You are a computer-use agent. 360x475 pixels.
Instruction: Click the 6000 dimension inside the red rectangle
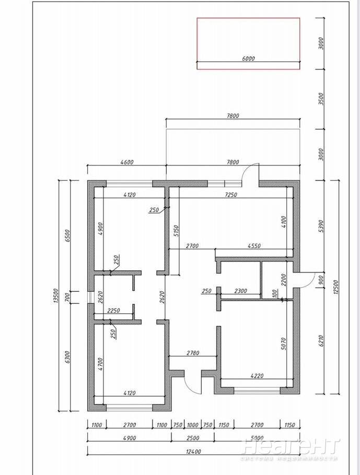[248, 58]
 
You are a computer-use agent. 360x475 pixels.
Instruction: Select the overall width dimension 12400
[193, 452]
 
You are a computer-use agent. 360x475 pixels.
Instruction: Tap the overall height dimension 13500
[55, 295]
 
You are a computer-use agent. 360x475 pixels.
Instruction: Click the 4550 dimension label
[254, 246]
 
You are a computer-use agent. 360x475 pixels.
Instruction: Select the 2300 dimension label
[241, 291]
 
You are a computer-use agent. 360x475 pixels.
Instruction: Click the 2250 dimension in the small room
[114, 311]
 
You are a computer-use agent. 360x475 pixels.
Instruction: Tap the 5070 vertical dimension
[283, 344]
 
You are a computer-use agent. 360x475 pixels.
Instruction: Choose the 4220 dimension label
[257, 376]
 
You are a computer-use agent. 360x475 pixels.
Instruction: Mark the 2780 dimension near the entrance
[193, 353]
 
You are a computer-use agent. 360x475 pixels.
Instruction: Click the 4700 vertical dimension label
[100, 364]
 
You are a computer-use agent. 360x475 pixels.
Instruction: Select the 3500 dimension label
[321, 99]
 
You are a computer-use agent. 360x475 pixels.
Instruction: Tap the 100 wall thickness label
[275, 293]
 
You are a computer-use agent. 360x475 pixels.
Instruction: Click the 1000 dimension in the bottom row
[193, 425]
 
